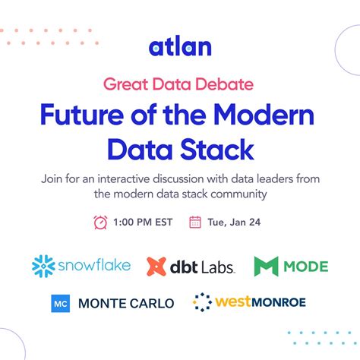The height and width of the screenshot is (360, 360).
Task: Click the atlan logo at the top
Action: click(179, 47)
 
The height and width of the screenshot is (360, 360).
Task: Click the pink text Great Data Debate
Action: click(179, 82)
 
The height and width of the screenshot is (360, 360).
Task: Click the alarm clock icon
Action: click(100, 222)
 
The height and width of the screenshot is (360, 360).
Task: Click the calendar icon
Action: click(195, 222)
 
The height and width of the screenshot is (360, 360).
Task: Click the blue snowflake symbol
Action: click(44, 266)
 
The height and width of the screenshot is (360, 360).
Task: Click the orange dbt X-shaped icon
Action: click(156, 266)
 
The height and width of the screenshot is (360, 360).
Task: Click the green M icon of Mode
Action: click(267, 266)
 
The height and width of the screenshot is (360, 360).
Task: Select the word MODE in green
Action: click(305, 266)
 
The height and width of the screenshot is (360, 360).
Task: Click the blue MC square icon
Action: click(61, 303)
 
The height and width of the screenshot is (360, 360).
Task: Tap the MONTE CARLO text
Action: click(125, 303)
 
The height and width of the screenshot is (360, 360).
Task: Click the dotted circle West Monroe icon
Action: click(202, 302)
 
